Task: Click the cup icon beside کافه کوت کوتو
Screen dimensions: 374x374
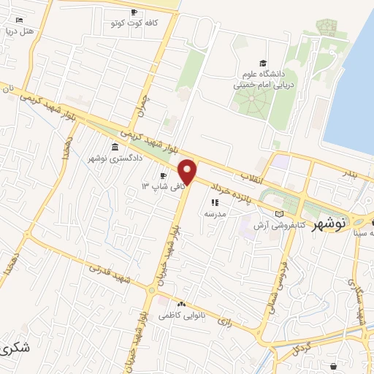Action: pos(134,12)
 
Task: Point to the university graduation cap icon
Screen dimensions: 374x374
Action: pos(263,64)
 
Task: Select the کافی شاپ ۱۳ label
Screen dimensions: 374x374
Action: pos(156,186)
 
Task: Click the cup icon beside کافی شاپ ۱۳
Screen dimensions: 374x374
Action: pos(164,176)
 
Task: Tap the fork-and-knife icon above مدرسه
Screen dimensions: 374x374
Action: pos(215,202)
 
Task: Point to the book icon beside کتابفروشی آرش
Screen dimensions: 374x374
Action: pos(278,213)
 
